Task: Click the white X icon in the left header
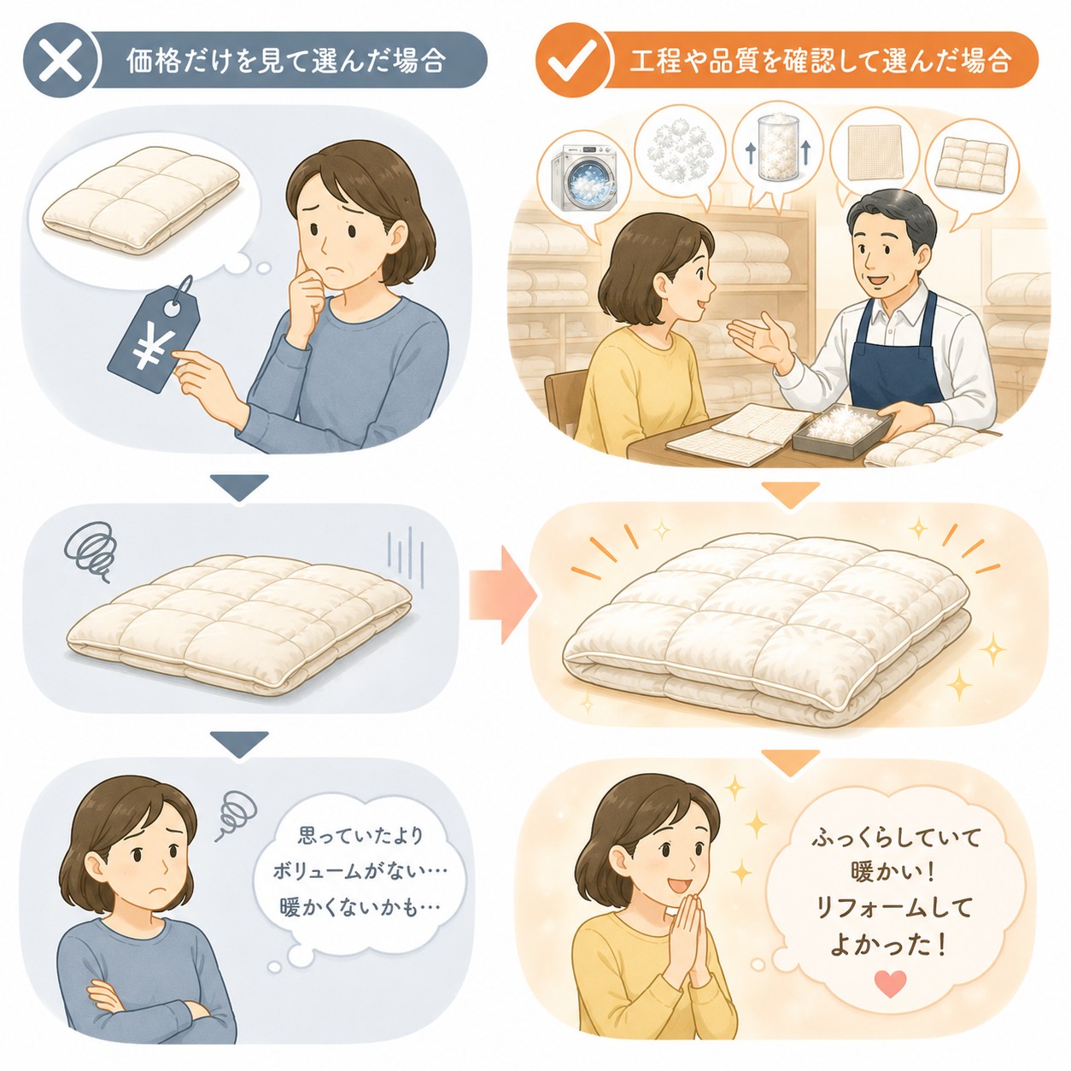click(x=62, y=60)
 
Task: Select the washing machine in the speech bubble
click(x=583, y=178)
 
